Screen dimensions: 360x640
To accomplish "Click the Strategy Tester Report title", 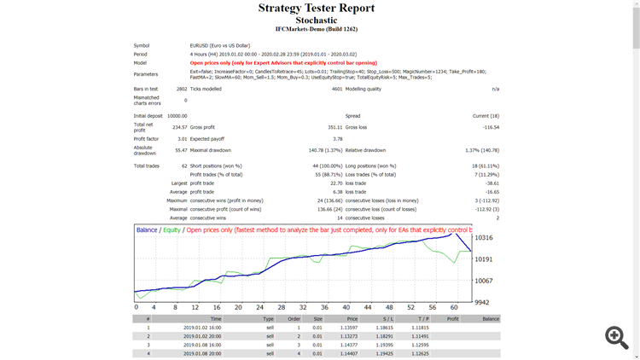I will pos(316,9).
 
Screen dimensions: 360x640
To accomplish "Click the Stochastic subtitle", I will pos(316,20).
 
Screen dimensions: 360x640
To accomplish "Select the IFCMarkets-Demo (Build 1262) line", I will pos(316,30).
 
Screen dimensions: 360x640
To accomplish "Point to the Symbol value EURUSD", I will pos(201,45).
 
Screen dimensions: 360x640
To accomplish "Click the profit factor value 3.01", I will pos(181,138).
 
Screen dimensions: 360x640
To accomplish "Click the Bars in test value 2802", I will pos(181,89).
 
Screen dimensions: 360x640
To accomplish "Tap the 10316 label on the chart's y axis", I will pos(486,237).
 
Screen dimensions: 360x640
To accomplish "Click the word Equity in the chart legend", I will pos(172,230).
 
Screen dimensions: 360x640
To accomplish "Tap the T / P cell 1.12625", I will pos(419,353).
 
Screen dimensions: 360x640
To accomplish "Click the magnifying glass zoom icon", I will pos(616,337).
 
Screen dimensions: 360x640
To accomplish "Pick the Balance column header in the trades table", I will pos(491,319).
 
